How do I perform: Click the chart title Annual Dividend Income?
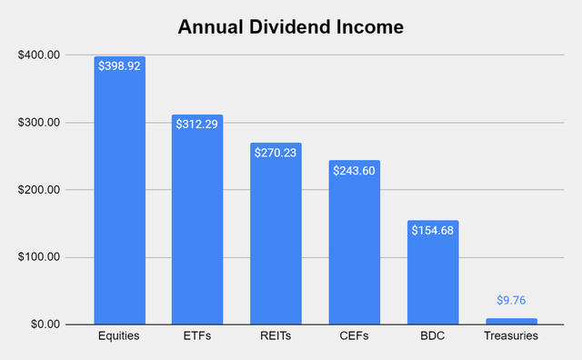click(291, 27)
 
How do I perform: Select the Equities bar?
click(120, 200)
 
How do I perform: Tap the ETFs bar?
click(197, 223)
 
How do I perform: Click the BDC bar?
click(432, 277)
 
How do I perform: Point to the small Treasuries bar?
click(510, 321)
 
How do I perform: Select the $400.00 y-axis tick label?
click(38, 55)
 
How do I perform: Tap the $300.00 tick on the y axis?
click(38, 123)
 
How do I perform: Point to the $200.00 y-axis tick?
click(38, 190)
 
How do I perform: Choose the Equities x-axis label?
click(120, 337)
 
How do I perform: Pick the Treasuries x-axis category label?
click(510, 337)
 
